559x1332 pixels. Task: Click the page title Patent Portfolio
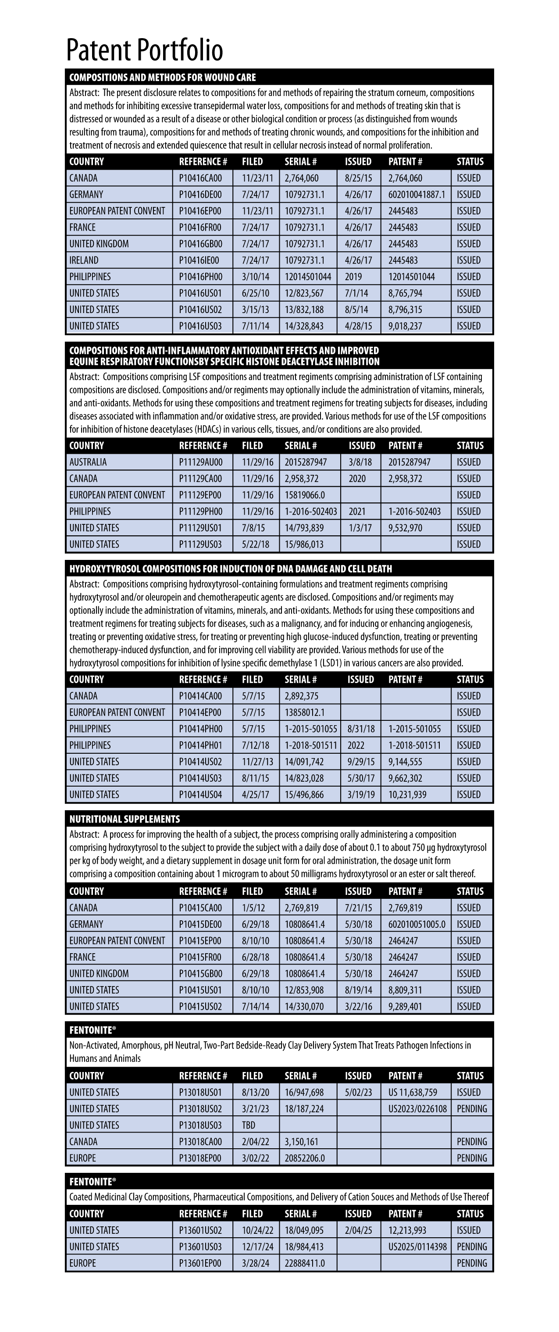tap(144, 50)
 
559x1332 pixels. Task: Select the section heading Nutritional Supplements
tap(125, 819)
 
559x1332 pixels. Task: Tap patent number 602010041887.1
tap(416, 194)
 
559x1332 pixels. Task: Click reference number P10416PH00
tap(201, 277)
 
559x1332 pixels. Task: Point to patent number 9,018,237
tap(406, 326)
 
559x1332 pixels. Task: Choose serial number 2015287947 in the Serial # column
tap(306, 462)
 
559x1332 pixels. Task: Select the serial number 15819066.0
tap(305, 495)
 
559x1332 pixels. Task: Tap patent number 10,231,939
tap(407, 795)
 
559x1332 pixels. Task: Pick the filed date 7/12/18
tap(256, 745)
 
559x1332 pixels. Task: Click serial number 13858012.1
tap(305, 712)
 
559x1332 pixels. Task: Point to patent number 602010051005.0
tap(416, 924)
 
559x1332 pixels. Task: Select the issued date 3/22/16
tap(358, 1006)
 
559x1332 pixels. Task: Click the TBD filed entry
tap(249, 1125)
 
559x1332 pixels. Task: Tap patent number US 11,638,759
tap(413, 1092)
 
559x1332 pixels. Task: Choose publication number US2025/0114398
tap(417, 1247)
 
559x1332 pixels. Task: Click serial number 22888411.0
tap(305, 1263)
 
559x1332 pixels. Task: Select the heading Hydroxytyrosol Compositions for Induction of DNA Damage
tap(231, 569)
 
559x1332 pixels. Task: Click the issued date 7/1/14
tap(356, 293)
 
